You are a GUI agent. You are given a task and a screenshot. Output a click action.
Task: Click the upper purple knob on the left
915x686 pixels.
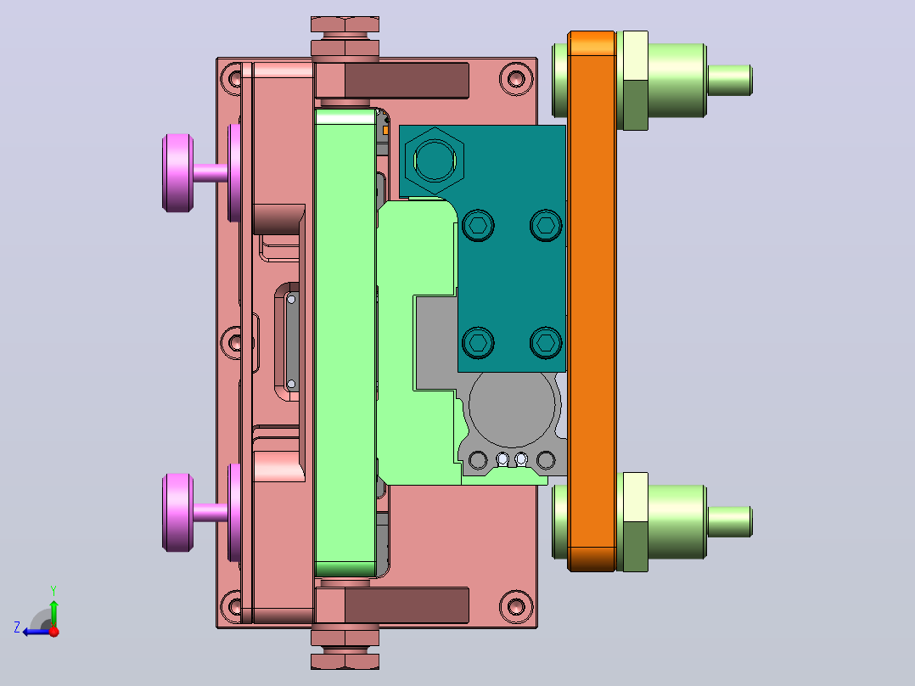point(177,173)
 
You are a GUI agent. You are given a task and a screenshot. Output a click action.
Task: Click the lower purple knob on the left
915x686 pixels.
point(177,512)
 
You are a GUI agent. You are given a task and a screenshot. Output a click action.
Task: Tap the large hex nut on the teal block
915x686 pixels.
point(435,160)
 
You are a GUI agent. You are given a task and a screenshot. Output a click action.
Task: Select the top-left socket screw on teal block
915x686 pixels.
point(478,225)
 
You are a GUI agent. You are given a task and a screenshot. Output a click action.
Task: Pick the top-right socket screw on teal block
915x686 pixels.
point(547,225)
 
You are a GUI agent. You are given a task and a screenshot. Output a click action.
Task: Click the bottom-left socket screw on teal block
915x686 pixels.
point(478,341)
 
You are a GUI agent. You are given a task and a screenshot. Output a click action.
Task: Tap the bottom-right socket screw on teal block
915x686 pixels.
point(547,341)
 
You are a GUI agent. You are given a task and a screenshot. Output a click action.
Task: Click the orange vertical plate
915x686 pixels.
point(592,301)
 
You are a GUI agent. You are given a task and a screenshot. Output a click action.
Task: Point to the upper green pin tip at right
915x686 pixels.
point(730,80)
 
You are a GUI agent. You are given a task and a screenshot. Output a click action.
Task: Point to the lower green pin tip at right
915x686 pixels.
point(730,521)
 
